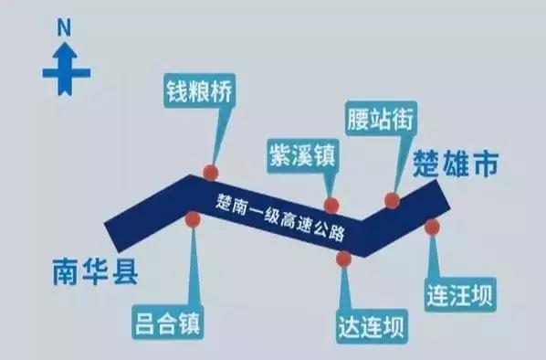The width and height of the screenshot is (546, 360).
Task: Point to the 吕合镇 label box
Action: coord(165,321)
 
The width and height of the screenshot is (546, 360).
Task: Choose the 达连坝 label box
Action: coord(369,323)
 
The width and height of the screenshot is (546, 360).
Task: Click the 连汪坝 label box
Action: coord(460,295)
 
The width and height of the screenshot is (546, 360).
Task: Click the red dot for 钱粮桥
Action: coord(211,172)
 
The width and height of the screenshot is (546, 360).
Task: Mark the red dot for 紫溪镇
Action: coord(331,206)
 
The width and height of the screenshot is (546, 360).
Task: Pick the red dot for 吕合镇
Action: coord(193,219)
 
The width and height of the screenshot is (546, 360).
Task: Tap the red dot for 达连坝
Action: coord(343,259)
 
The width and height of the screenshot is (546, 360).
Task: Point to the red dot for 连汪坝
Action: coord(432,227)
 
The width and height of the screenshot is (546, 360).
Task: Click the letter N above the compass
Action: coord(64,28)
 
